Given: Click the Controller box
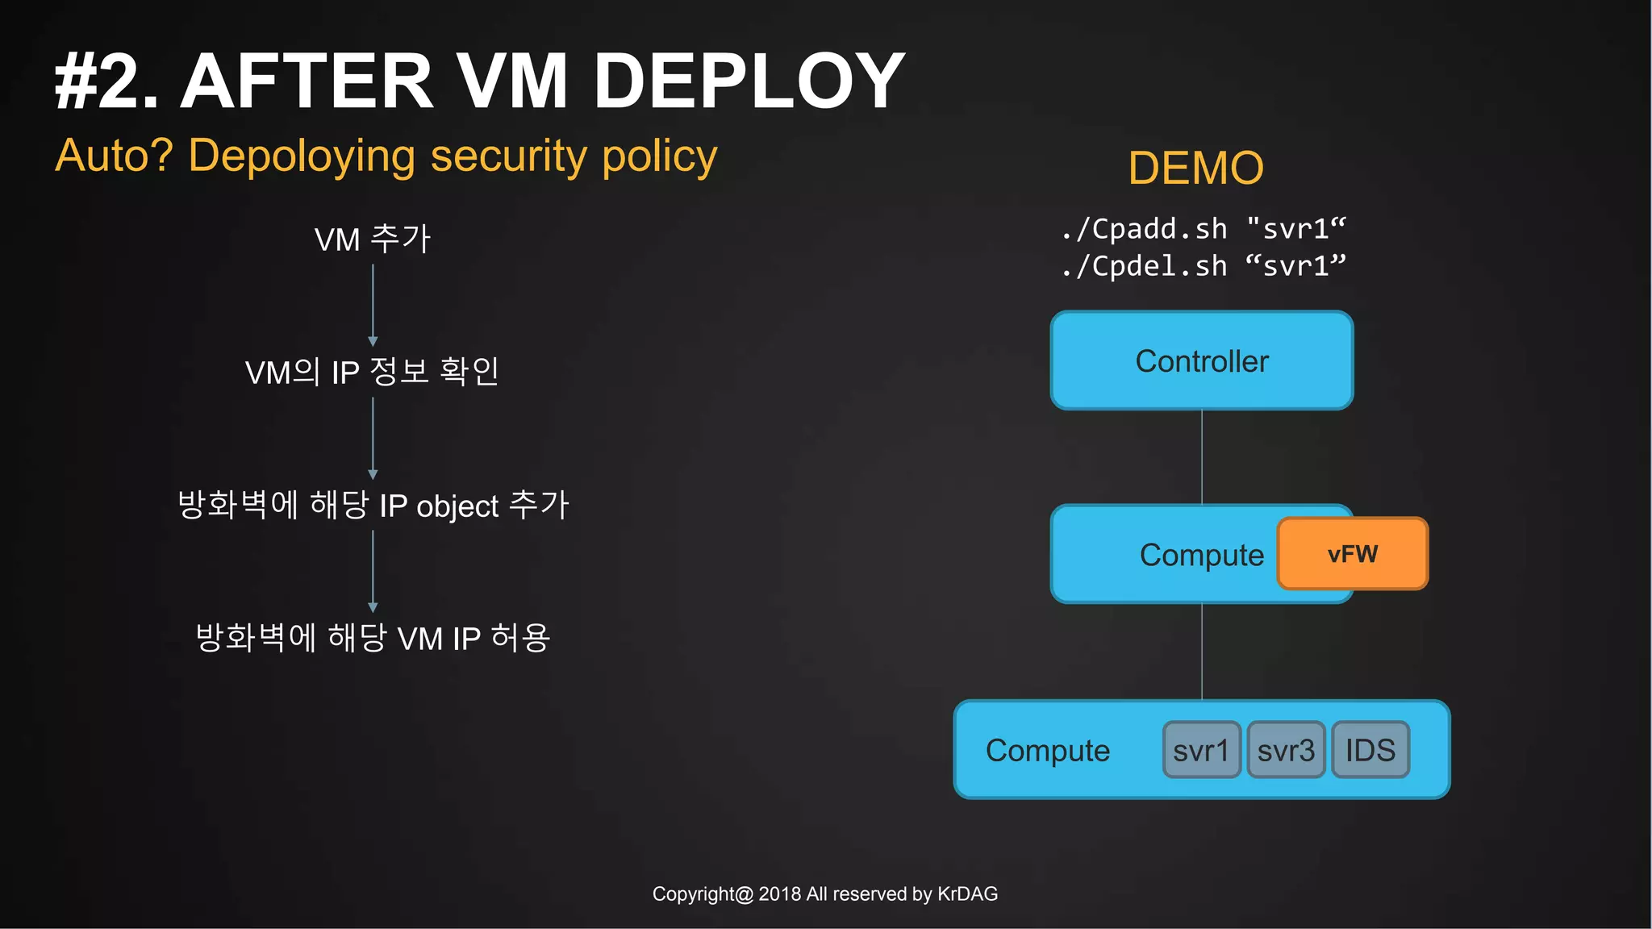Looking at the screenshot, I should click(1201, 360).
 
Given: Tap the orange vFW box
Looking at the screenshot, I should click(1353, 554).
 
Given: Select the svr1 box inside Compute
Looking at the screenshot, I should click(1201, 750).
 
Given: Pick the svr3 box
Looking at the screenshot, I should click(1286, 750).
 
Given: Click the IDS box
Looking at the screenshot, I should click(1370, 750).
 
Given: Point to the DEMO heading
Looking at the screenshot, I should click(1195, 168).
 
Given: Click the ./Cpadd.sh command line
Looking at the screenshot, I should click(1203, 229).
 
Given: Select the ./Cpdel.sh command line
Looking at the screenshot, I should click(1203, 266).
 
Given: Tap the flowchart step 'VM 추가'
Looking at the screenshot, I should click(373, 240).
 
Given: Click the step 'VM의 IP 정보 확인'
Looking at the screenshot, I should click(373, 373).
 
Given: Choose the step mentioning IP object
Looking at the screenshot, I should click(373, 506).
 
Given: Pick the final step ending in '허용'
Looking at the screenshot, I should click(373, 638).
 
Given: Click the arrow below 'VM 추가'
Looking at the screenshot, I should click(373, 305).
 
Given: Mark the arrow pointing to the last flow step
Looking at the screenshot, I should click(373, 571).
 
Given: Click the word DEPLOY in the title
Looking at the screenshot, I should click(749, 81).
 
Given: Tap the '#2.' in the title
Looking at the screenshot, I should click(106, 81).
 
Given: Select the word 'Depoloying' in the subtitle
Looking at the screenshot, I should click(301, 156).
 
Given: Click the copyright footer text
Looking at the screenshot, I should click(824, 894).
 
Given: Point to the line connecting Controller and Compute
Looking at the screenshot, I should click(1202, 456).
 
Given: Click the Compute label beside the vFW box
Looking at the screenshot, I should click(1201, 555).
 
